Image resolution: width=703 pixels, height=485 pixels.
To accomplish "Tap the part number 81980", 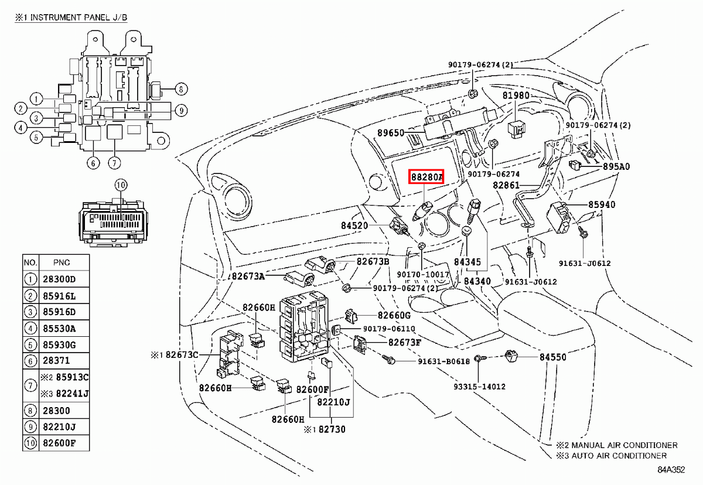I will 516,95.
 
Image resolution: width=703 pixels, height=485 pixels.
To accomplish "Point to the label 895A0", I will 616,167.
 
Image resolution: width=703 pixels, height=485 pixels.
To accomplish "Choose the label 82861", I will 506,185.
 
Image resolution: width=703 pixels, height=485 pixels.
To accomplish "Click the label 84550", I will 553,357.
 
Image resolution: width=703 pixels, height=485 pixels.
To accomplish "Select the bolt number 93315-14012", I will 479,387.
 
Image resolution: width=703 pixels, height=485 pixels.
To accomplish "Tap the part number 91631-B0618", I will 443,361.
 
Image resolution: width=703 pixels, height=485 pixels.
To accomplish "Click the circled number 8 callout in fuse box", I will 180,90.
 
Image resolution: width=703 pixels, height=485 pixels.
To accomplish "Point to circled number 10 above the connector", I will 120,186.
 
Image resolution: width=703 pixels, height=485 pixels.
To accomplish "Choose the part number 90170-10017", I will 423,274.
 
